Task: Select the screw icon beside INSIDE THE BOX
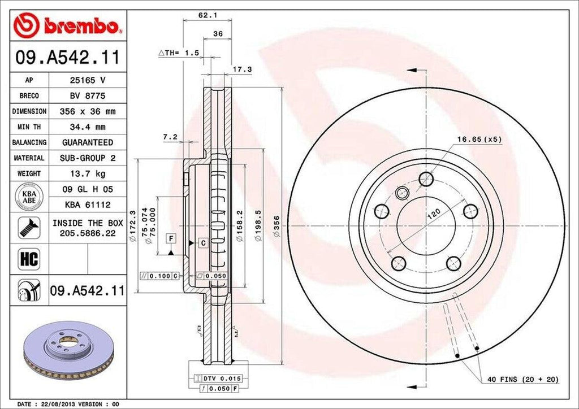coord(28,227)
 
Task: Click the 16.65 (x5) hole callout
coord(479,138)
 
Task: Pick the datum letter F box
coord(170,238)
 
